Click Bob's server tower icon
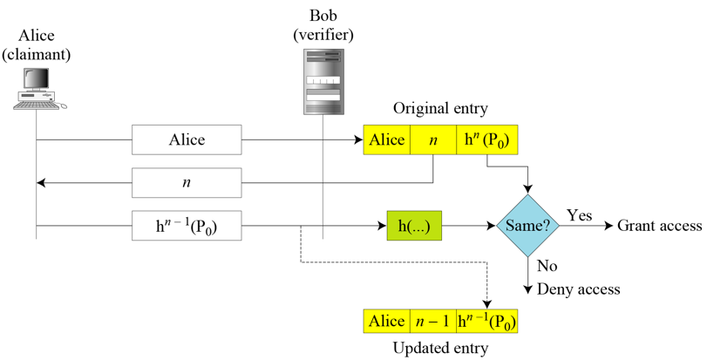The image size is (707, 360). (x=323, y=82)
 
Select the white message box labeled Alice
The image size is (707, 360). (x=187, y=139)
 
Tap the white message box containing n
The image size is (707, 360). (x=187, y=183)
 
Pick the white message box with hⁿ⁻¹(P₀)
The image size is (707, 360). (x=187, y=227)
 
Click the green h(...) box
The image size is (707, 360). (x=414, y=227)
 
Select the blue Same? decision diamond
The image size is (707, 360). (x=528, y=226)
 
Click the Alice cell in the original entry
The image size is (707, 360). (x=386, y=140)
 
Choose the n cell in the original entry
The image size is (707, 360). (x=433, y=140)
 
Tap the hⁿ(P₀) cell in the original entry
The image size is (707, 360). (x=486, y=140)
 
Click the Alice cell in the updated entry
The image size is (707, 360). (x=386, y=321)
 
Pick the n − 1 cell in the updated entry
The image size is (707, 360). (x=433, y=321)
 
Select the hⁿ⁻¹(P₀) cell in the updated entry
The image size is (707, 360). (x=486, y=321)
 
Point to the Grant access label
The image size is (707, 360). (x=659, y=226)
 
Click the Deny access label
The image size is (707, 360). (x=580, y=289)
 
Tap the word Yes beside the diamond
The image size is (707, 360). (x=579, y=214)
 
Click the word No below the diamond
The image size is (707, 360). (x=547, y=266)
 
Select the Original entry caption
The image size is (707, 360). (x=440, y=109)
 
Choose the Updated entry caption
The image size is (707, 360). (x=440, y=348)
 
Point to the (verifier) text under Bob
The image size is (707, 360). (x=323, y=35)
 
